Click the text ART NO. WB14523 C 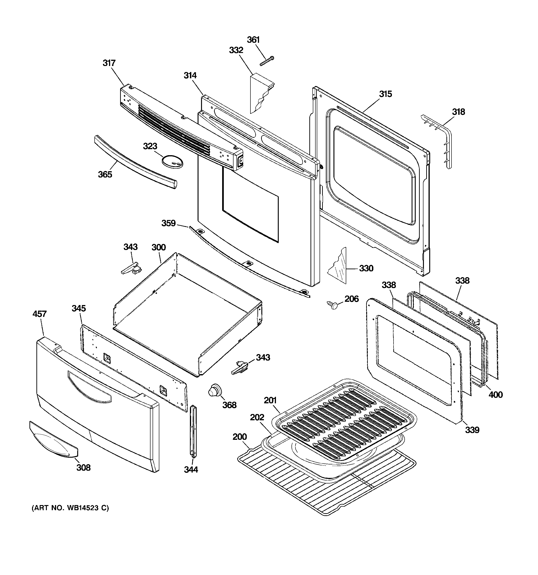[70, 508]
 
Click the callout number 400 [496, 394]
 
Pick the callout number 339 [472, 430]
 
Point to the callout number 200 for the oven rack [240, 437]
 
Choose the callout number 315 [385, 94]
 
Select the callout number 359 [168, 223]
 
